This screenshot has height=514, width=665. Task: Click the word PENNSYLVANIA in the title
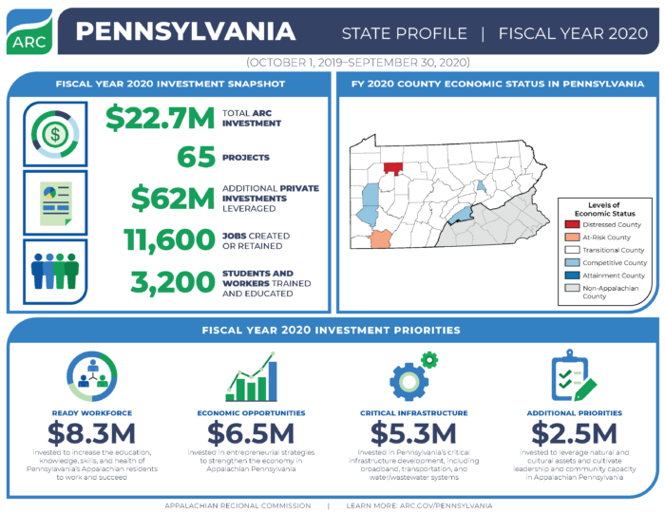point(185,32)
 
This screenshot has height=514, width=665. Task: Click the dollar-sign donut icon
point(54,132)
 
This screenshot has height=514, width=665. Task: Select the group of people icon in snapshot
point(55,270)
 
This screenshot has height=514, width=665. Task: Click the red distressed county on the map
point(392,168)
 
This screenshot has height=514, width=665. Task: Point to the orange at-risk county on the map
point(380,238)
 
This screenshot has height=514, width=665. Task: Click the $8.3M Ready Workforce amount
point(94,433)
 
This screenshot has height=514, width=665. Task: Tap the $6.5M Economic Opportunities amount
point(251,433)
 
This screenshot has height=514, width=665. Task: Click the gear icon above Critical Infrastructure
point(410,378)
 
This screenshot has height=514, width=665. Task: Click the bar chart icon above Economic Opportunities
point(251,379)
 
